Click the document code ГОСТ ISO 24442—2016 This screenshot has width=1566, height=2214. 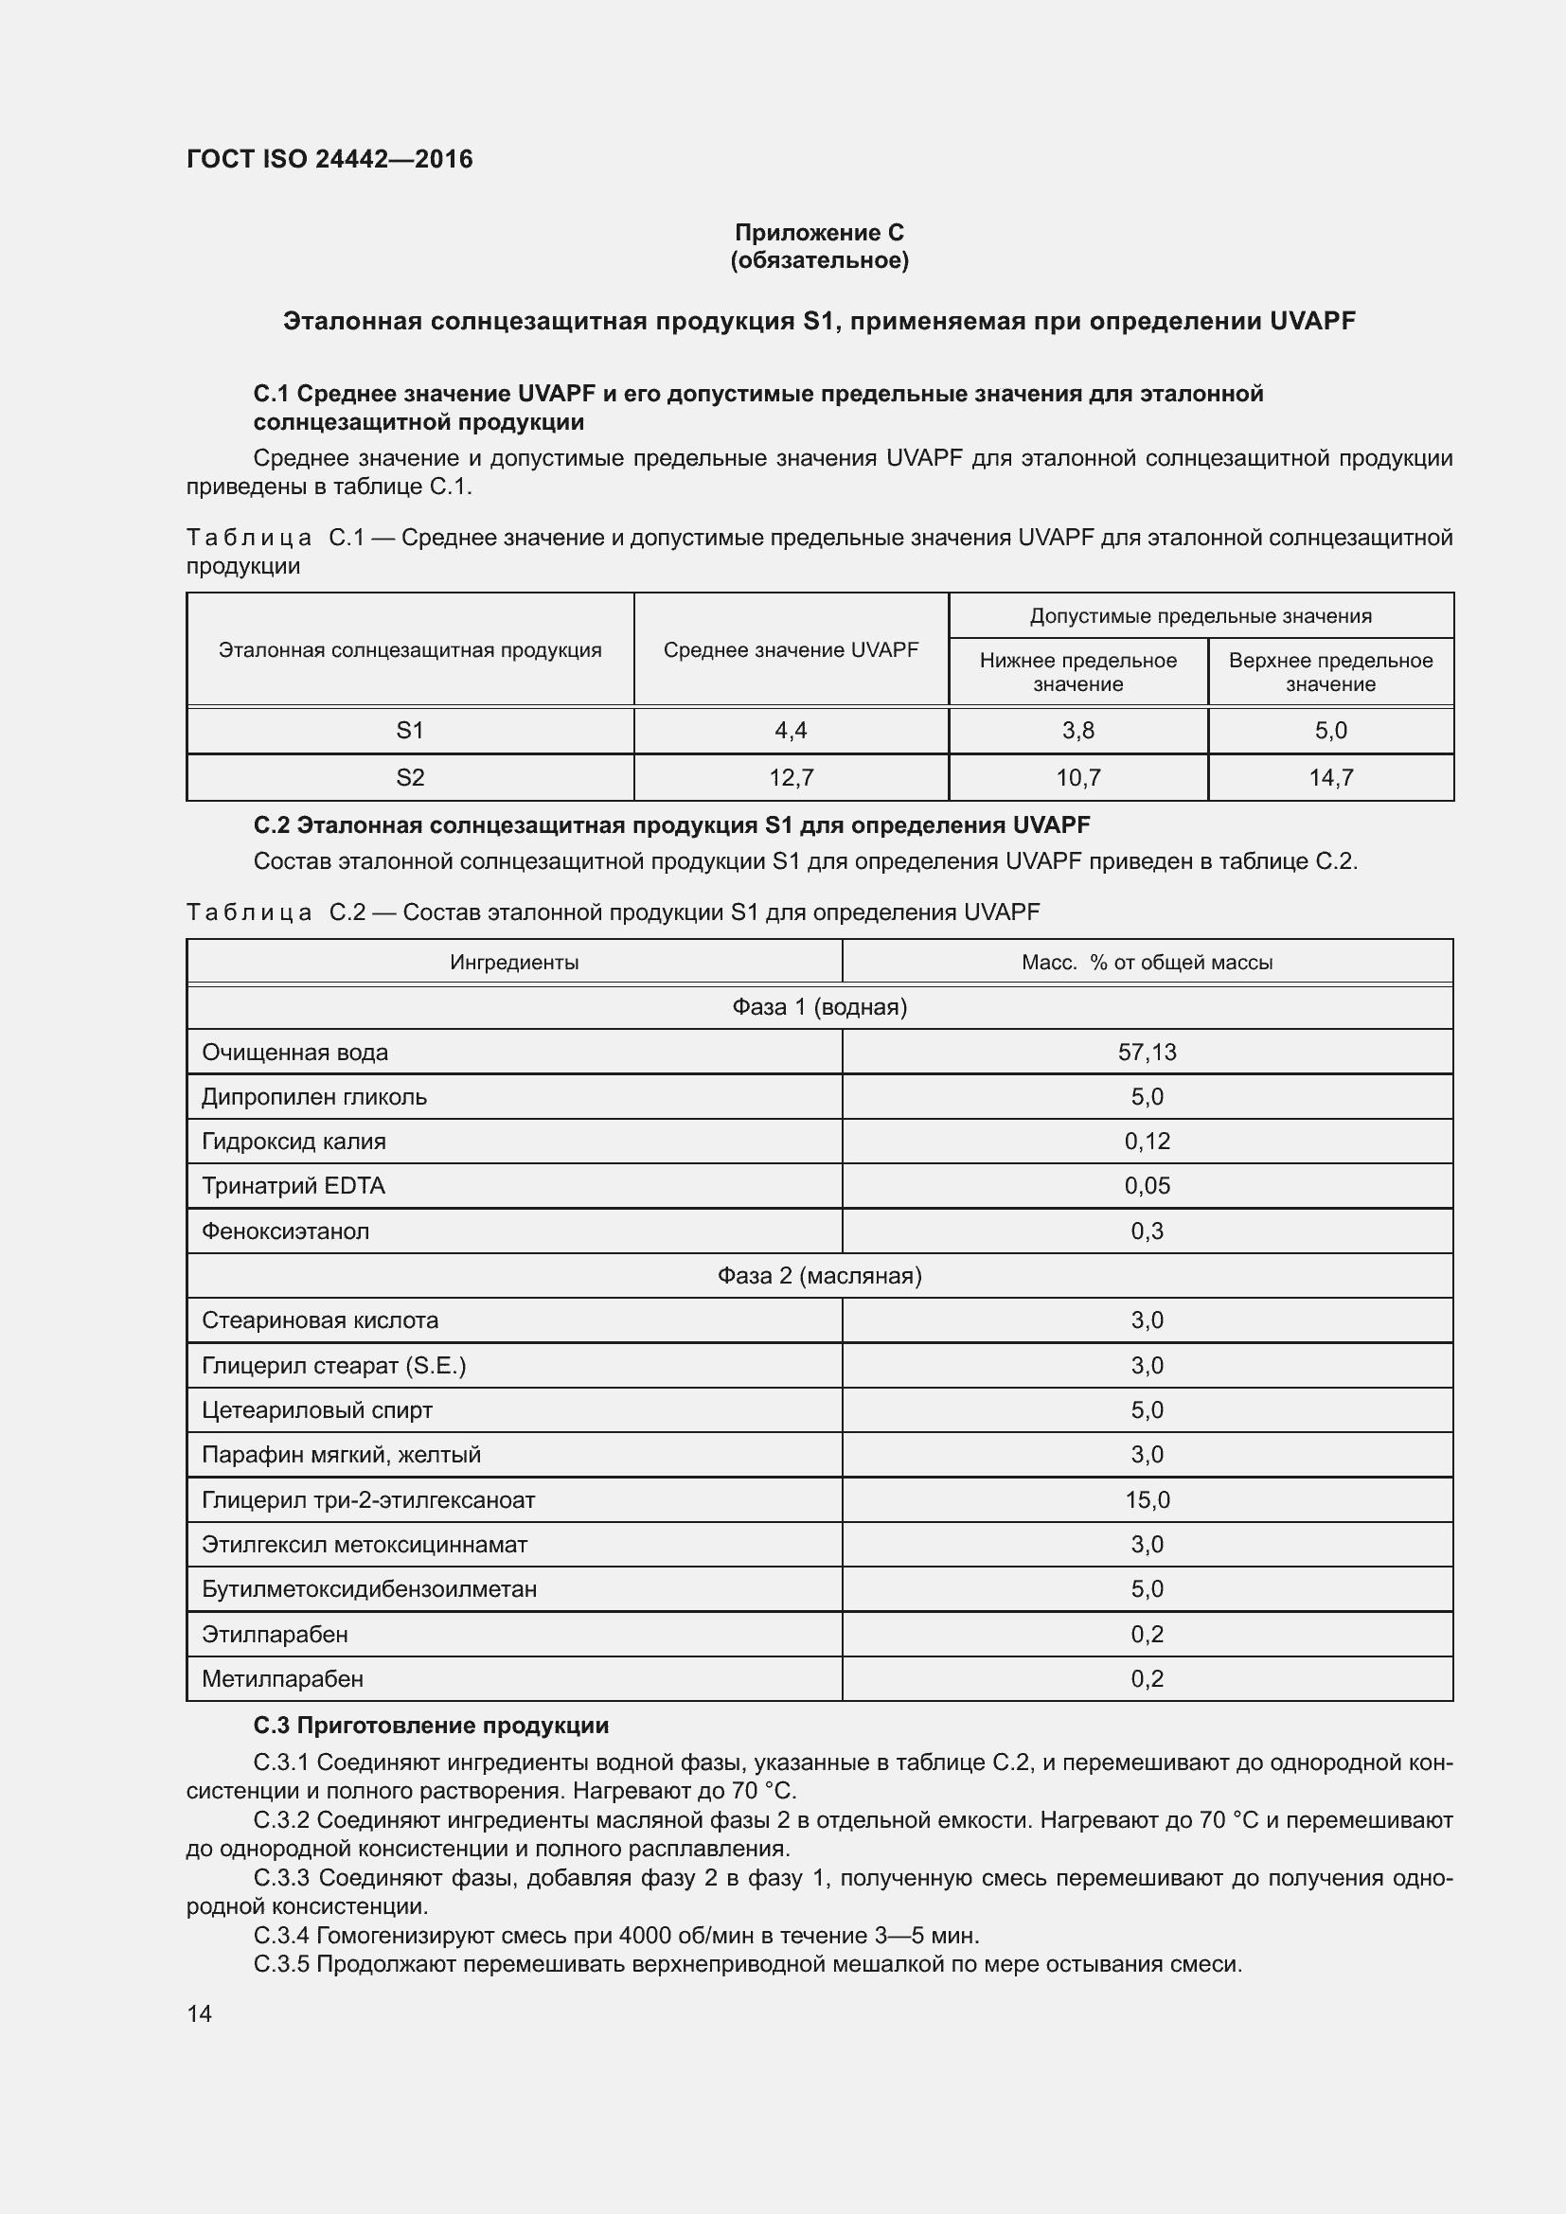329,159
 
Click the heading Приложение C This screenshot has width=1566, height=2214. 819,233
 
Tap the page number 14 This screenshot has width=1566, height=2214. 200,2013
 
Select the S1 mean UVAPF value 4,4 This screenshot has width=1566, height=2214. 790,731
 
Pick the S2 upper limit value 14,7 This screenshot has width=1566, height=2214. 1329,777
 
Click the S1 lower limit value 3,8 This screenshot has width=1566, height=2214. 1077,731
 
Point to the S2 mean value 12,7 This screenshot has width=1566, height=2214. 790,777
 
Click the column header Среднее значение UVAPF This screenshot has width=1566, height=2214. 790,650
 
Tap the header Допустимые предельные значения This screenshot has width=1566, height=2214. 1200,616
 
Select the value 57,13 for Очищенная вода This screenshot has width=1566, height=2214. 1147,1052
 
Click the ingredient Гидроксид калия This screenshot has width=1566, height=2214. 294,1142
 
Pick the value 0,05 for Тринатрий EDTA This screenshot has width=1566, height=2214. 1147,1186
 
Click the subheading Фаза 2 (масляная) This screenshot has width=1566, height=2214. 819,1276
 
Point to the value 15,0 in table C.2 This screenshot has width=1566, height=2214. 1147,1499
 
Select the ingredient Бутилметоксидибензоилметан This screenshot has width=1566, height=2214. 368,1589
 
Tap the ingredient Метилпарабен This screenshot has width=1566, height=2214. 281,1679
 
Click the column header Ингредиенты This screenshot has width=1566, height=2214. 514,963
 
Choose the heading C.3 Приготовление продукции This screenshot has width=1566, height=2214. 431,1726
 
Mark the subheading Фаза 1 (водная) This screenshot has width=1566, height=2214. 819,1008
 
